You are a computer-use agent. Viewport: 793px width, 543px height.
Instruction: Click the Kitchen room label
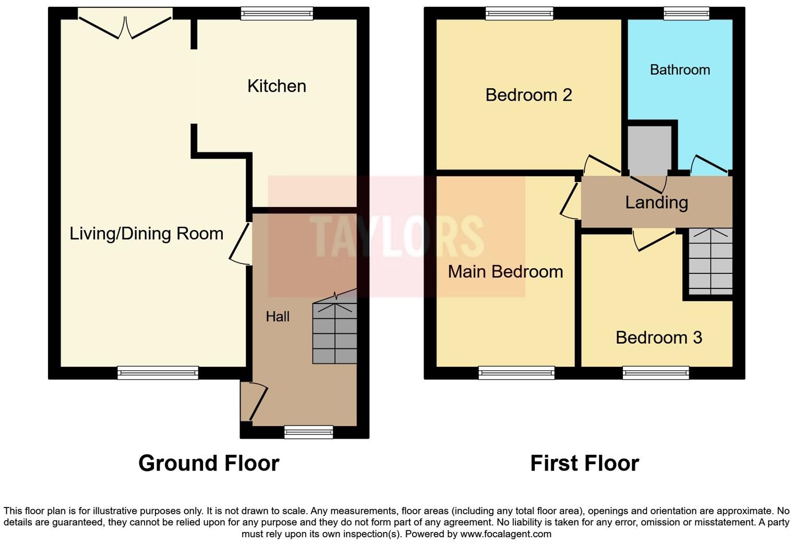277,86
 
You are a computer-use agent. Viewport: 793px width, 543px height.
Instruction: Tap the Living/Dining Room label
146,234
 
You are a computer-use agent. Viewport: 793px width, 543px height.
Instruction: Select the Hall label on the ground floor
277,317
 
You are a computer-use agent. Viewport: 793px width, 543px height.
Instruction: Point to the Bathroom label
679,70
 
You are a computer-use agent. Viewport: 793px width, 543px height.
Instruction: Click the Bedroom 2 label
528,95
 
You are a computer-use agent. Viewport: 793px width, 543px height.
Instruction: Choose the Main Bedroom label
505,272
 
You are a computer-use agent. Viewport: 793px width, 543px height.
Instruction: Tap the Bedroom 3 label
658,337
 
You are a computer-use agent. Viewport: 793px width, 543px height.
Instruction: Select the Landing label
656,202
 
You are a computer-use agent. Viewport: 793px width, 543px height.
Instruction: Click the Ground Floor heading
209,463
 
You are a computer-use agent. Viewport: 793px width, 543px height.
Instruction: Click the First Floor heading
584,463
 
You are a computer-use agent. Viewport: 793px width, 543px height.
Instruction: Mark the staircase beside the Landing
710,261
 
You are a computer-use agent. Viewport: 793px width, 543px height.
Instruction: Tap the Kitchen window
277,14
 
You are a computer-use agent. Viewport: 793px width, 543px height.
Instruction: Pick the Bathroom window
686,14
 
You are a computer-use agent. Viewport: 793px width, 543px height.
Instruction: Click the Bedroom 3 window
655,372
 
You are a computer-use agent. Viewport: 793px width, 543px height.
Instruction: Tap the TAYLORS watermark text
397,236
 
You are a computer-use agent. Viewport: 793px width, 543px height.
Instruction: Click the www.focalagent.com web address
506,534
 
